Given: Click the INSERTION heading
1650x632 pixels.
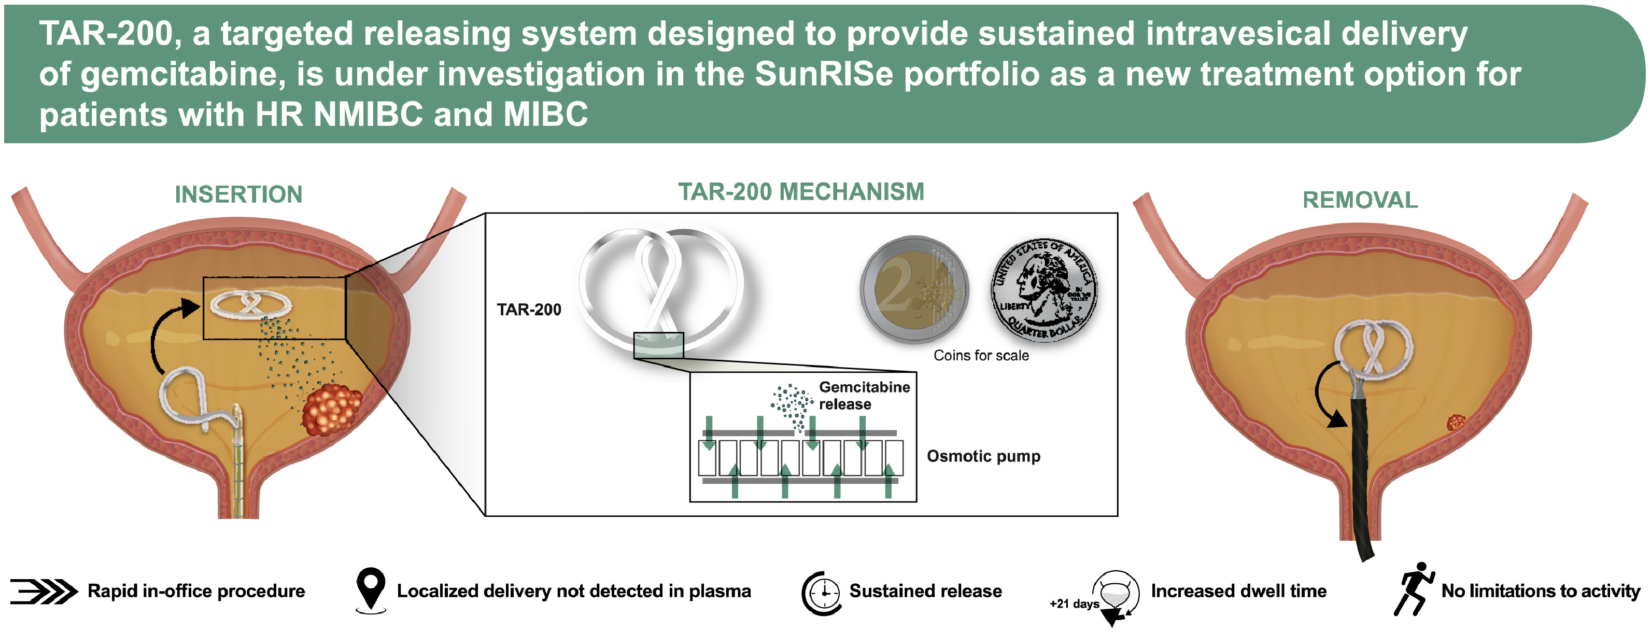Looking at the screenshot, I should click(x=238, y=194).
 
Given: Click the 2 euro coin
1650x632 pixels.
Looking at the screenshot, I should click(x=914, y=290).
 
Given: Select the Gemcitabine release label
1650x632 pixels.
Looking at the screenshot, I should click(x=864, y=396).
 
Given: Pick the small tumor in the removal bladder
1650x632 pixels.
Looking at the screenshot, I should click(x=1456, y=423).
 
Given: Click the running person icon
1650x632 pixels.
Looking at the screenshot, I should click(x=1413, y=589).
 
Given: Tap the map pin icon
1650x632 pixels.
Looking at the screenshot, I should click(x=371, y=588).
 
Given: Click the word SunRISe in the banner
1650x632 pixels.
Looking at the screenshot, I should click(x=823, y=74).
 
